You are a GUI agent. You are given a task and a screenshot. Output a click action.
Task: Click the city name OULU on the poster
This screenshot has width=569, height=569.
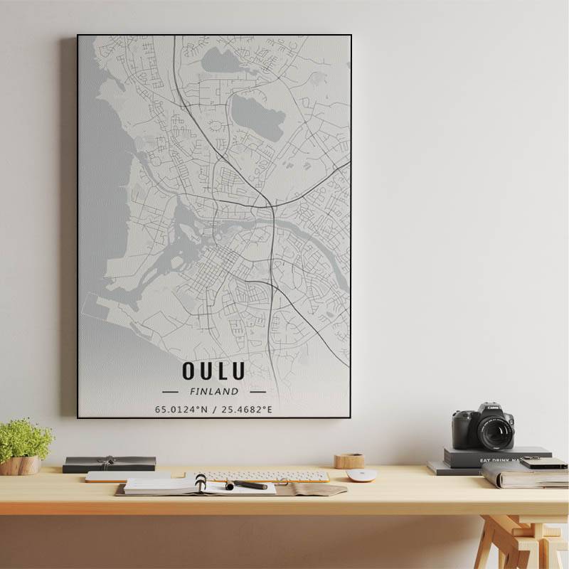[213, 371]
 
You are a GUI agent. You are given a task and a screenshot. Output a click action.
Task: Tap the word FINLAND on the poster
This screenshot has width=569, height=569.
[214, 391]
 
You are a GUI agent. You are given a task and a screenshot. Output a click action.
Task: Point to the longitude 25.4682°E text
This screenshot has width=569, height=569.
[247, 410]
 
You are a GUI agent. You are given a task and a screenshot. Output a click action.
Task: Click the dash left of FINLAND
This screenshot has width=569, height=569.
[170, 391]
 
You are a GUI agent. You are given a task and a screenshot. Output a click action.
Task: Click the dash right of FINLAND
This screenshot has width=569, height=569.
[257, 391]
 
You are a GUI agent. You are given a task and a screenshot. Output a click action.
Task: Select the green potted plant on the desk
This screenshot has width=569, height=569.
[24, 440]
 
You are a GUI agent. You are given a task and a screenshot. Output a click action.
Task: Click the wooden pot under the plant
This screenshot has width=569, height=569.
[21, 465]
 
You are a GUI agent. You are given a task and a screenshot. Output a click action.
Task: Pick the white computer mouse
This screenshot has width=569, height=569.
[361, 475]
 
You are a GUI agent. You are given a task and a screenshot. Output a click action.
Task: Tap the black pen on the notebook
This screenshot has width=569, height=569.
[247, 485]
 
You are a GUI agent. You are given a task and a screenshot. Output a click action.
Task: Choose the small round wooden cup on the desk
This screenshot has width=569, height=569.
[349, 461]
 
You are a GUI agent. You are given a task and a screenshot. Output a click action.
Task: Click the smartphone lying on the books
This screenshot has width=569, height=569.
[543, 463]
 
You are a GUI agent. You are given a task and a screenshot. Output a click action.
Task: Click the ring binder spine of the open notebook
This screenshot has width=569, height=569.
[201, 484]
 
